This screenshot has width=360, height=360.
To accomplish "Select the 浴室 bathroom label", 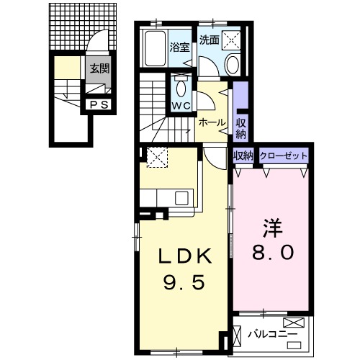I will [179, 49].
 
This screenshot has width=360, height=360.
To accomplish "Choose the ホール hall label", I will [212, 122].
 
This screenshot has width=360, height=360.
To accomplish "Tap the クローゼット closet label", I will [283, 156].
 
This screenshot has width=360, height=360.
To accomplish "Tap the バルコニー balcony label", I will [271, 334].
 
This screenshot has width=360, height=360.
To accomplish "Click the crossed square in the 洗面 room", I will [231, 40].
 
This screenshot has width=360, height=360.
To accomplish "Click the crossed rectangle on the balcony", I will [295, 323].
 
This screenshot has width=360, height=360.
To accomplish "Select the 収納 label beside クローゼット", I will [242, 156].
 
